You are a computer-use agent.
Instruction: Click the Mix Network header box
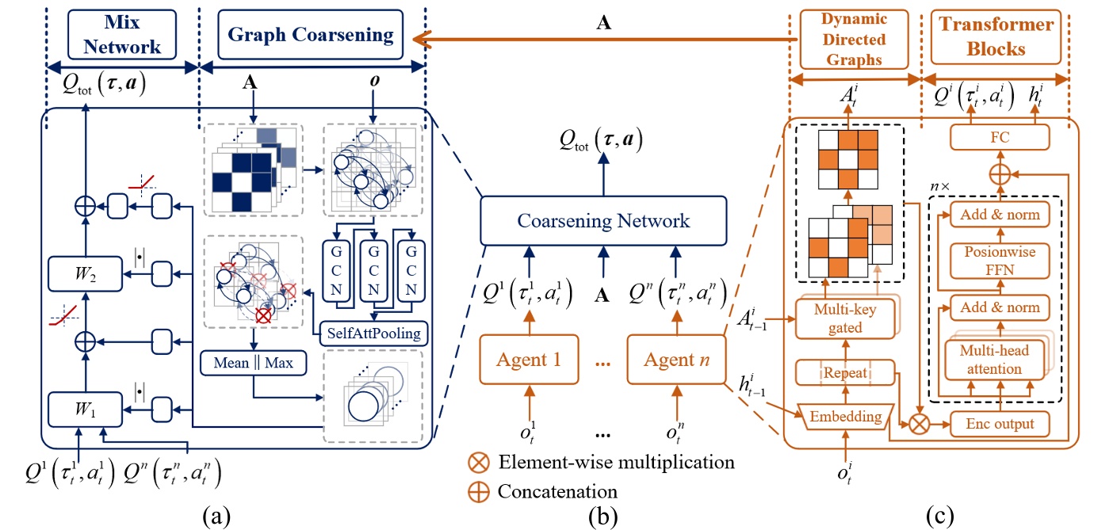pyautogui.click(x=122, y=34)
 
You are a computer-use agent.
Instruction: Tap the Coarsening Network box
pyautogui.click(x=602, y=220)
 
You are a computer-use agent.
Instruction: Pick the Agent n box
pyautogui.click(x=675, y=360)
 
